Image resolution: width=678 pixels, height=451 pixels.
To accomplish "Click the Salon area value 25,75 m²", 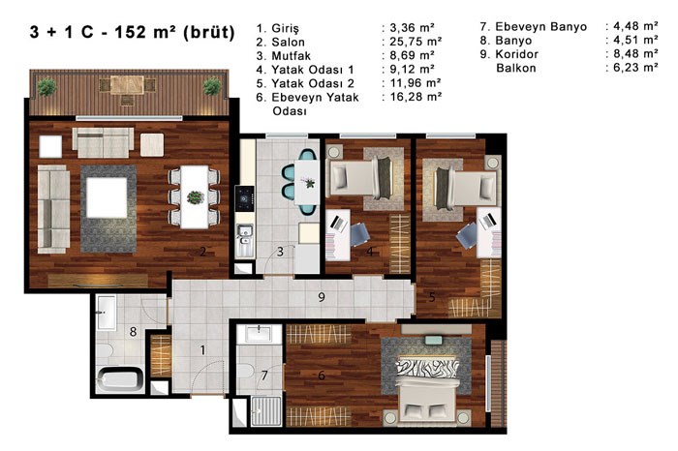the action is (416, 42).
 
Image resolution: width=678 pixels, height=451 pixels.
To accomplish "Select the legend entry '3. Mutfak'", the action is (284, 56).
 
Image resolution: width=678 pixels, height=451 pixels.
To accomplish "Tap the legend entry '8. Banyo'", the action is (506, 41).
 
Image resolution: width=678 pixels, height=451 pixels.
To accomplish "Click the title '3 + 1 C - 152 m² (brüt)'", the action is (133, 32).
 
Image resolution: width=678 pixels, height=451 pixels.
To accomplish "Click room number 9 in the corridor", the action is (321, 297).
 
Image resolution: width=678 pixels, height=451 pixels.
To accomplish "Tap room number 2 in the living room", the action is (202, 251).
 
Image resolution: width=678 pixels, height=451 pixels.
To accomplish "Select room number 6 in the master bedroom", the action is (322, 376).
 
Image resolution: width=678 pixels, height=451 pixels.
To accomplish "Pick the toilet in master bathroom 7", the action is (246, 371).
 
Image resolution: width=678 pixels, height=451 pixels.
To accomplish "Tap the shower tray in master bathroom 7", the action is (265, 410).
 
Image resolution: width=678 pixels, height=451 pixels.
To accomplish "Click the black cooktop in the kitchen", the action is (244, 198).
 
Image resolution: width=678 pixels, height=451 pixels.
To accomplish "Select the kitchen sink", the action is (245, 241).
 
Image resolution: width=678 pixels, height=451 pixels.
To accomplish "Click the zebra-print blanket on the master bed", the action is (426, 367).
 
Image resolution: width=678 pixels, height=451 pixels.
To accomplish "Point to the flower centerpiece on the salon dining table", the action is (196, 197).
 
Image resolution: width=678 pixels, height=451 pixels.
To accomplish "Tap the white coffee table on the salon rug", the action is (107, 197).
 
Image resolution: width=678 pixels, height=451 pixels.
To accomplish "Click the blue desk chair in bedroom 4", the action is (359, 233).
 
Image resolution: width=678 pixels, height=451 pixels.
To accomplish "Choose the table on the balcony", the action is (127, 85).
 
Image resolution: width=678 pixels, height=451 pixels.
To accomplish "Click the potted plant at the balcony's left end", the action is (46, 87).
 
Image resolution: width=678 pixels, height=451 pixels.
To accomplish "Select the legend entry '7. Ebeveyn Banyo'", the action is (533, 27).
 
